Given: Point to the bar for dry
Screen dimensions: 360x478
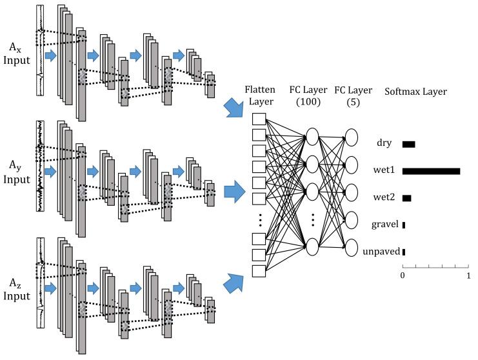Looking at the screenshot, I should click(x=409, y=144).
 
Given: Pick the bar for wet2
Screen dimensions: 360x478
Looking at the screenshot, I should click(x=406, y=198).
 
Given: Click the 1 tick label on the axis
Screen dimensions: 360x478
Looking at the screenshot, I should click(x=468, y=275).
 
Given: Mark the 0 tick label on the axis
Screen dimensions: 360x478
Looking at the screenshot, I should click(x=403, y=275).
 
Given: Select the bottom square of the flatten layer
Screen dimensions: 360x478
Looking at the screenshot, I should click(x=259, y=270).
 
